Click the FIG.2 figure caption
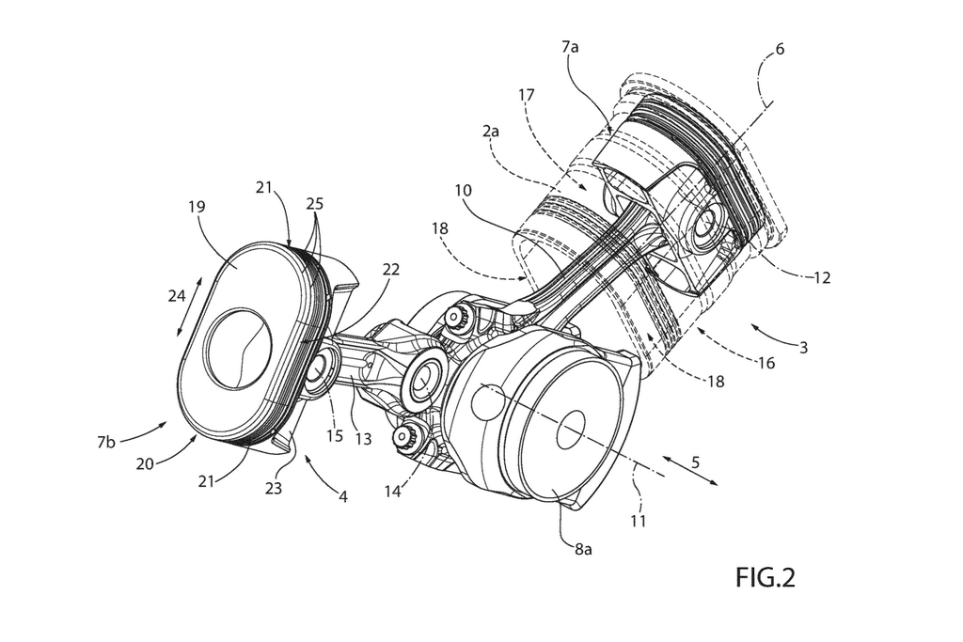766,577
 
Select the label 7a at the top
570,46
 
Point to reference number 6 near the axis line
780,49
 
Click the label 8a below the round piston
583,549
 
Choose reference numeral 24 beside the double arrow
177,296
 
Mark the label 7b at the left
106,442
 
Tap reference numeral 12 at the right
822,277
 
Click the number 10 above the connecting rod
463,190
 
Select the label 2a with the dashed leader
491,131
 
